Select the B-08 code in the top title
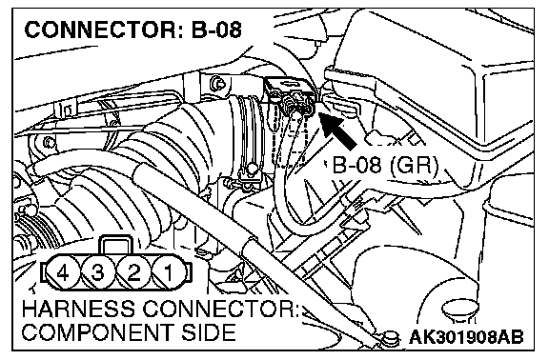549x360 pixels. [216, 30]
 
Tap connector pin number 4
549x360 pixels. [63, 272]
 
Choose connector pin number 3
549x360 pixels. [98, 272]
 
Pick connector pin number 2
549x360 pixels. [133, 272]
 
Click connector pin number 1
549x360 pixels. [168, 272]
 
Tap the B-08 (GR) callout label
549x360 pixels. [385, 165]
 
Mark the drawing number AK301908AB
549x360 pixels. [466, 337]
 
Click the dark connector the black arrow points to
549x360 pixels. [290, 95]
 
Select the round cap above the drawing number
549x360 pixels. [460, 308]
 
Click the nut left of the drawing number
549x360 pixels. [390, 339]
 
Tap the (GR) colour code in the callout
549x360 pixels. [414, 165]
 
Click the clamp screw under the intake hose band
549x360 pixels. [251, 170]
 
